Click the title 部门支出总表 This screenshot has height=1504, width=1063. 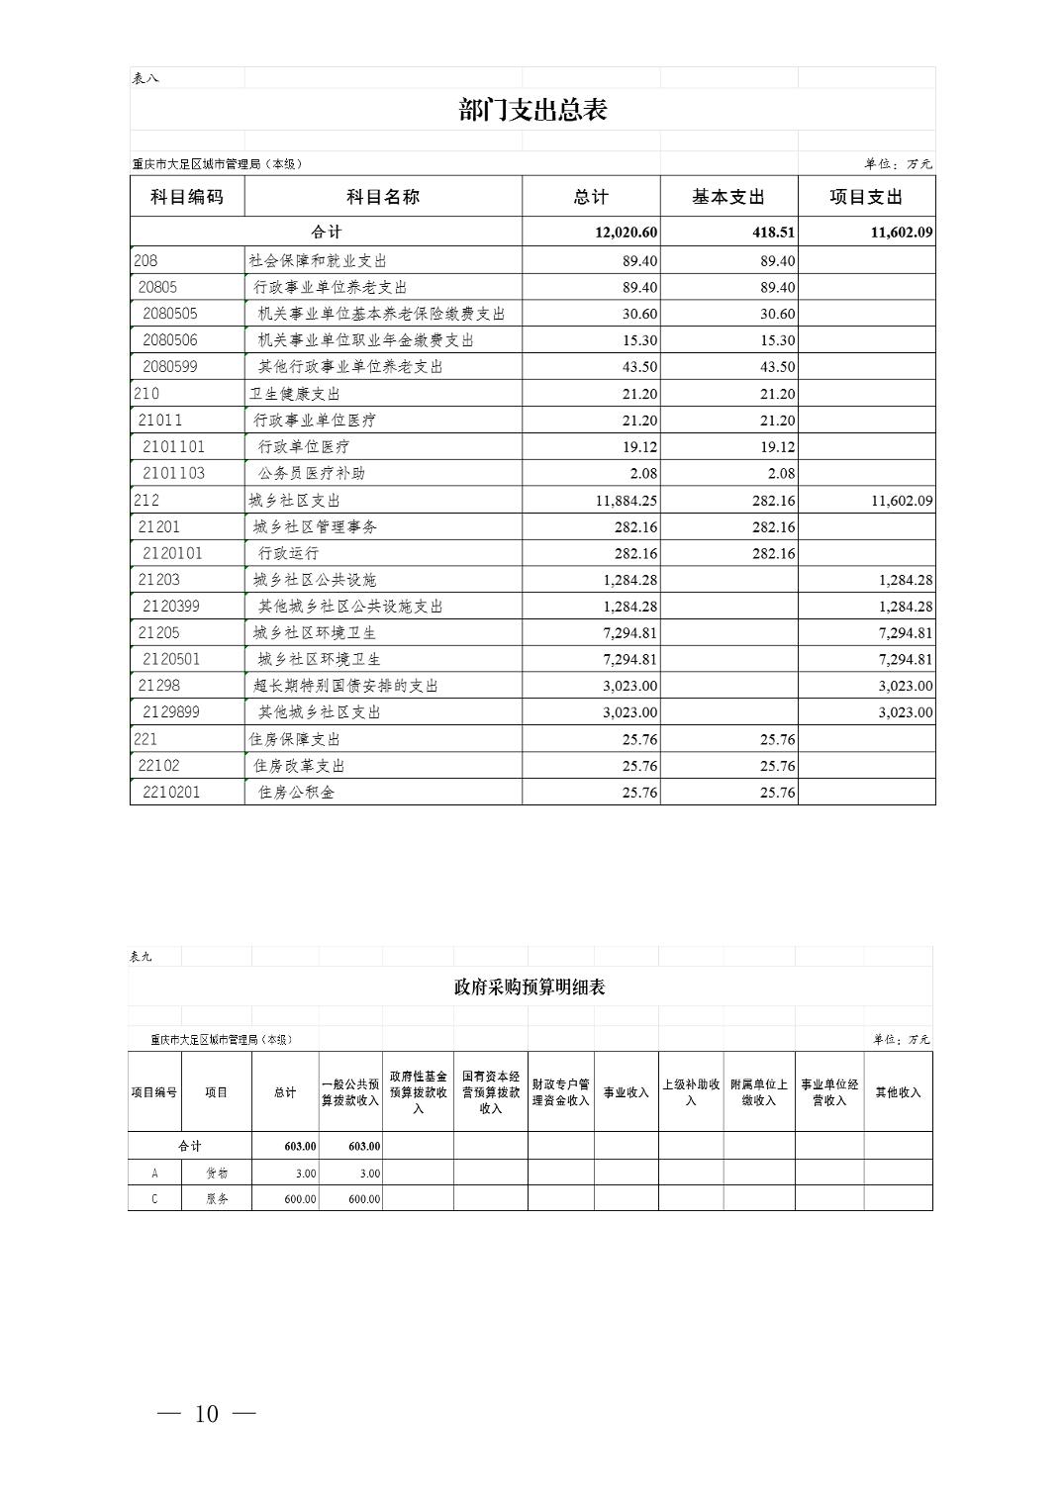click(532, 110)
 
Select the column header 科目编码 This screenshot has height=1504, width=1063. click(187, 197)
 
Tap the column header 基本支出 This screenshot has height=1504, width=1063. click(728, 197)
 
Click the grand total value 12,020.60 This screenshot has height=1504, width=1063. click(626, 233)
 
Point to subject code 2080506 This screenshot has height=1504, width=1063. click(170, 340)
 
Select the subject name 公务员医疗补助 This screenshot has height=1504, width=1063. click(312, 473)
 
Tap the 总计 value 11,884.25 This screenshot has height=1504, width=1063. click(626, 501)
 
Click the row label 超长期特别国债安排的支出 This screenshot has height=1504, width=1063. click(345, 686)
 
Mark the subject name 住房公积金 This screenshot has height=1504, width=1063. click(297, 793)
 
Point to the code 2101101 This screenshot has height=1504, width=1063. click(174, 447)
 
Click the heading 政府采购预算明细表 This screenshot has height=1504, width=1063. click(530, 987)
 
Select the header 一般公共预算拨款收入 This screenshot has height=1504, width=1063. click(350, 1092)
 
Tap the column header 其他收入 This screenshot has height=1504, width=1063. click(898, 1092)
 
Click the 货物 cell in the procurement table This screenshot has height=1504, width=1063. click(217, 1173)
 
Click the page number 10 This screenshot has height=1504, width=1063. click(207, 1414)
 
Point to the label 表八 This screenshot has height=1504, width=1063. click(145, 78)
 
